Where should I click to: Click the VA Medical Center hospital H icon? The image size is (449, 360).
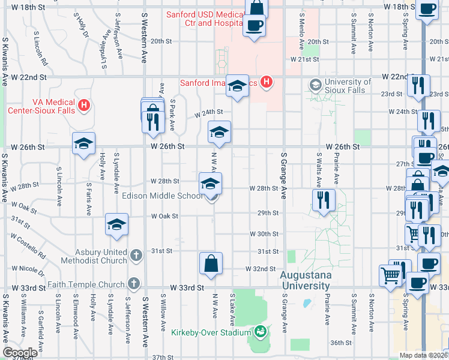coord(84,106)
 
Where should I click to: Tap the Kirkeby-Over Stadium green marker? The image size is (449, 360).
coord(261,331)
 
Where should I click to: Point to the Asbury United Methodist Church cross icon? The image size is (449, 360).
coord(136,256)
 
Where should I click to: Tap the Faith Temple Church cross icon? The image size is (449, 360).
coord(134,283)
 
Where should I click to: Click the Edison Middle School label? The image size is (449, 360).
coord(162,196)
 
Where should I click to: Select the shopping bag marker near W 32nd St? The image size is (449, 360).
coord(211,263)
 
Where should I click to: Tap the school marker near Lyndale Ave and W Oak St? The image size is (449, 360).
coord(116,224)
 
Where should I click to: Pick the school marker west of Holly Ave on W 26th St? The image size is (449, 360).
coord(83,143)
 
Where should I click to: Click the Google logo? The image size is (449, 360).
coord(20,353)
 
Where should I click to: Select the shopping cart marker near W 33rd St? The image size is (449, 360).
coord(391,275)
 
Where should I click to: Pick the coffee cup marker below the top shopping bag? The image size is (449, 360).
coord(253,26)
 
